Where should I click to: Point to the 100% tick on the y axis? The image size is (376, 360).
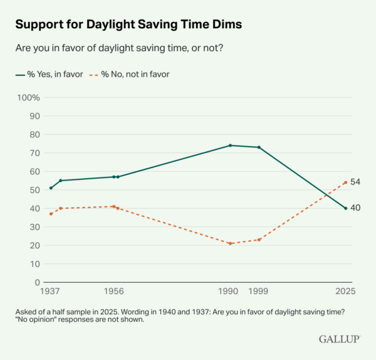pyautogui.click(x=29, y=98)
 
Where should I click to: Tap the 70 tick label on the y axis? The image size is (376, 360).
pyautogui.click(x=35, y=153)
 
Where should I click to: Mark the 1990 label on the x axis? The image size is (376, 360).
pyautogui.click(x=229, y=292)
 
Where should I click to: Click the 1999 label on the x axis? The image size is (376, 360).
pyautogui.click(x=259, y=292)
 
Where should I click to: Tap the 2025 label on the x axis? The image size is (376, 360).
pyautogui.click(x=345, y=292)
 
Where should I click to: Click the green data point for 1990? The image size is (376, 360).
pyautogui.click(x=231, y=146)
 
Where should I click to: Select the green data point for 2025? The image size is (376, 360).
pyautogui.click(x=346, y=208)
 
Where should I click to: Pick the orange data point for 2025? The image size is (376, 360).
pyautogui.click(x=346, y=183)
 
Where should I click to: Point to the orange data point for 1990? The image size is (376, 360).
pyautogui.click(x=231, y=243)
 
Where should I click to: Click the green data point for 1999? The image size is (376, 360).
pyautogui.click(x=259, y=147)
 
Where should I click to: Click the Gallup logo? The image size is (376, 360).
pyautogui.click(x=339, y=339)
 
